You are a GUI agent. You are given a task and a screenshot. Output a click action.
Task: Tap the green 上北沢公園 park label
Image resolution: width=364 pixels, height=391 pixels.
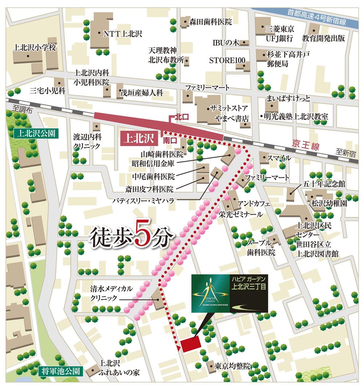pyautogui.click(x=35, y=133)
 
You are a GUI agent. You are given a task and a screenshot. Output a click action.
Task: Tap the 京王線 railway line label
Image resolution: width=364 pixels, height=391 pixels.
pyautogui.click(x=305, y=146)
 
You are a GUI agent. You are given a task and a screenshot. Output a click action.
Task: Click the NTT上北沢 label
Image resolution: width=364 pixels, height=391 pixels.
pyautogui.click(x=122, y=34)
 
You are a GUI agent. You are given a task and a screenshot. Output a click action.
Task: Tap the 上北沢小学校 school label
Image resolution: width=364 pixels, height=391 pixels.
pyautogui.click(x=35, y=47)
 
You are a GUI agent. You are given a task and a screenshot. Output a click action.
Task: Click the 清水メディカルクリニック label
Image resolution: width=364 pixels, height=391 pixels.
pyautogui.click(x=112, y=293)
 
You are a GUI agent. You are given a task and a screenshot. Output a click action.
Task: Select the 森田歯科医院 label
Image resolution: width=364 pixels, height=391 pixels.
pyautogui.click(x=210, y=22)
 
